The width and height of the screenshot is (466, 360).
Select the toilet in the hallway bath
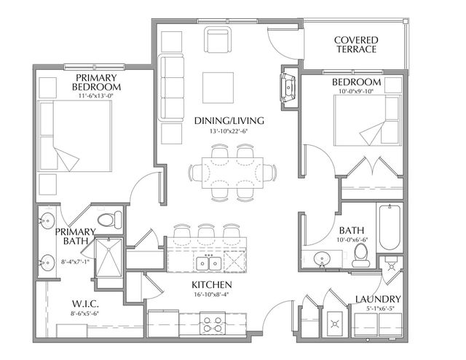pyautogui.click(x=360, y=253)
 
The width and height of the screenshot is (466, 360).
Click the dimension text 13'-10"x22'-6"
pyautogui.click(x=228, y=132)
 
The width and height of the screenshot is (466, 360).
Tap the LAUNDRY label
pyautogui.click(x=378, y=299)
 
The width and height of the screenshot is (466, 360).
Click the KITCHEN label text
pyautogui.click(x=211, y=284)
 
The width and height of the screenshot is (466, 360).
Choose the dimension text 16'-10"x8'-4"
pyautogui.click(x=211, y=295)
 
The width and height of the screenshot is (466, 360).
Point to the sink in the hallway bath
pyautogui.click(x=320, y=259)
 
